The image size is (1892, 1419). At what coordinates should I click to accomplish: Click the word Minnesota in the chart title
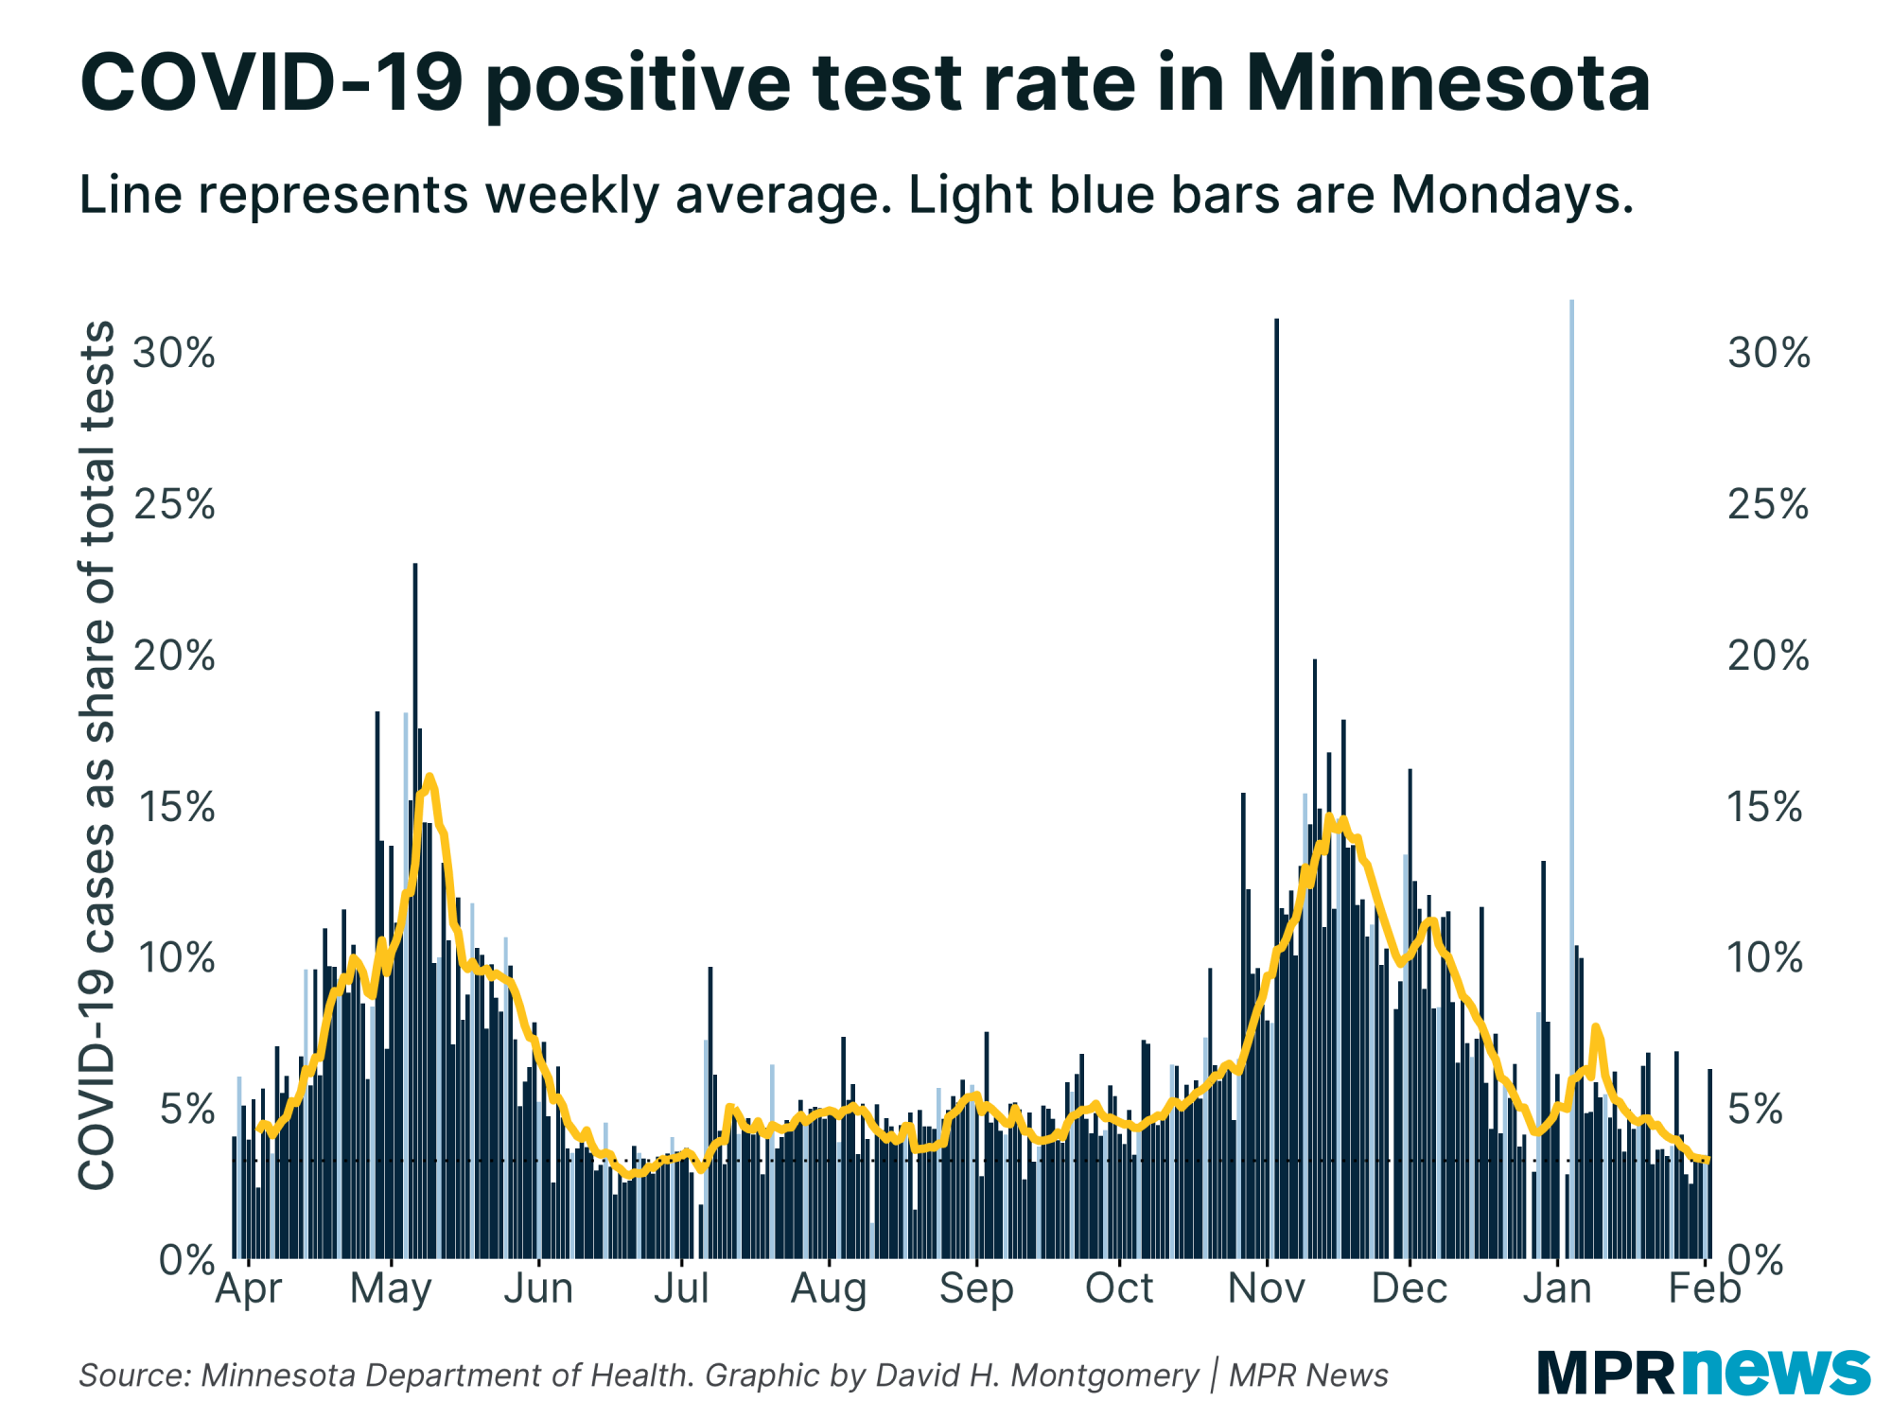point(1447,83)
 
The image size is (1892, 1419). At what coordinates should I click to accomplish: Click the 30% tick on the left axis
point(174,354)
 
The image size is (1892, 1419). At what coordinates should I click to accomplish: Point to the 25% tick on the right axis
point(1767,505)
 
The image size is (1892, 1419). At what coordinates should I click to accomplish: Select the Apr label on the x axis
point(248,1288)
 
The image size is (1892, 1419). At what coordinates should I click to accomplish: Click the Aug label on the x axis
point(829,1288)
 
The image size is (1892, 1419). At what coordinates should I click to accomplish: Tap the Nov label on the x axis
point(1266,1288)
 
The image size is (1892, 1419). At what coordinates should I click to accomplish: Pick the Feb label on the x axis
point(1704,1288)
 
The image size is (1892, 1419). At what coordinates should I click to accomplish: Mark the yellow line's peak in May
point(429,778)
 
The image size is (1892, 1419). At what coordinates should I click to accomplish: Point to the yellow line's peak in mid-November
point(1330,816)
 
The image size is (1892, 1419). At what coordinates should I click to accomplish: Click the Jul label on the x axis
point(681,1288)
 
